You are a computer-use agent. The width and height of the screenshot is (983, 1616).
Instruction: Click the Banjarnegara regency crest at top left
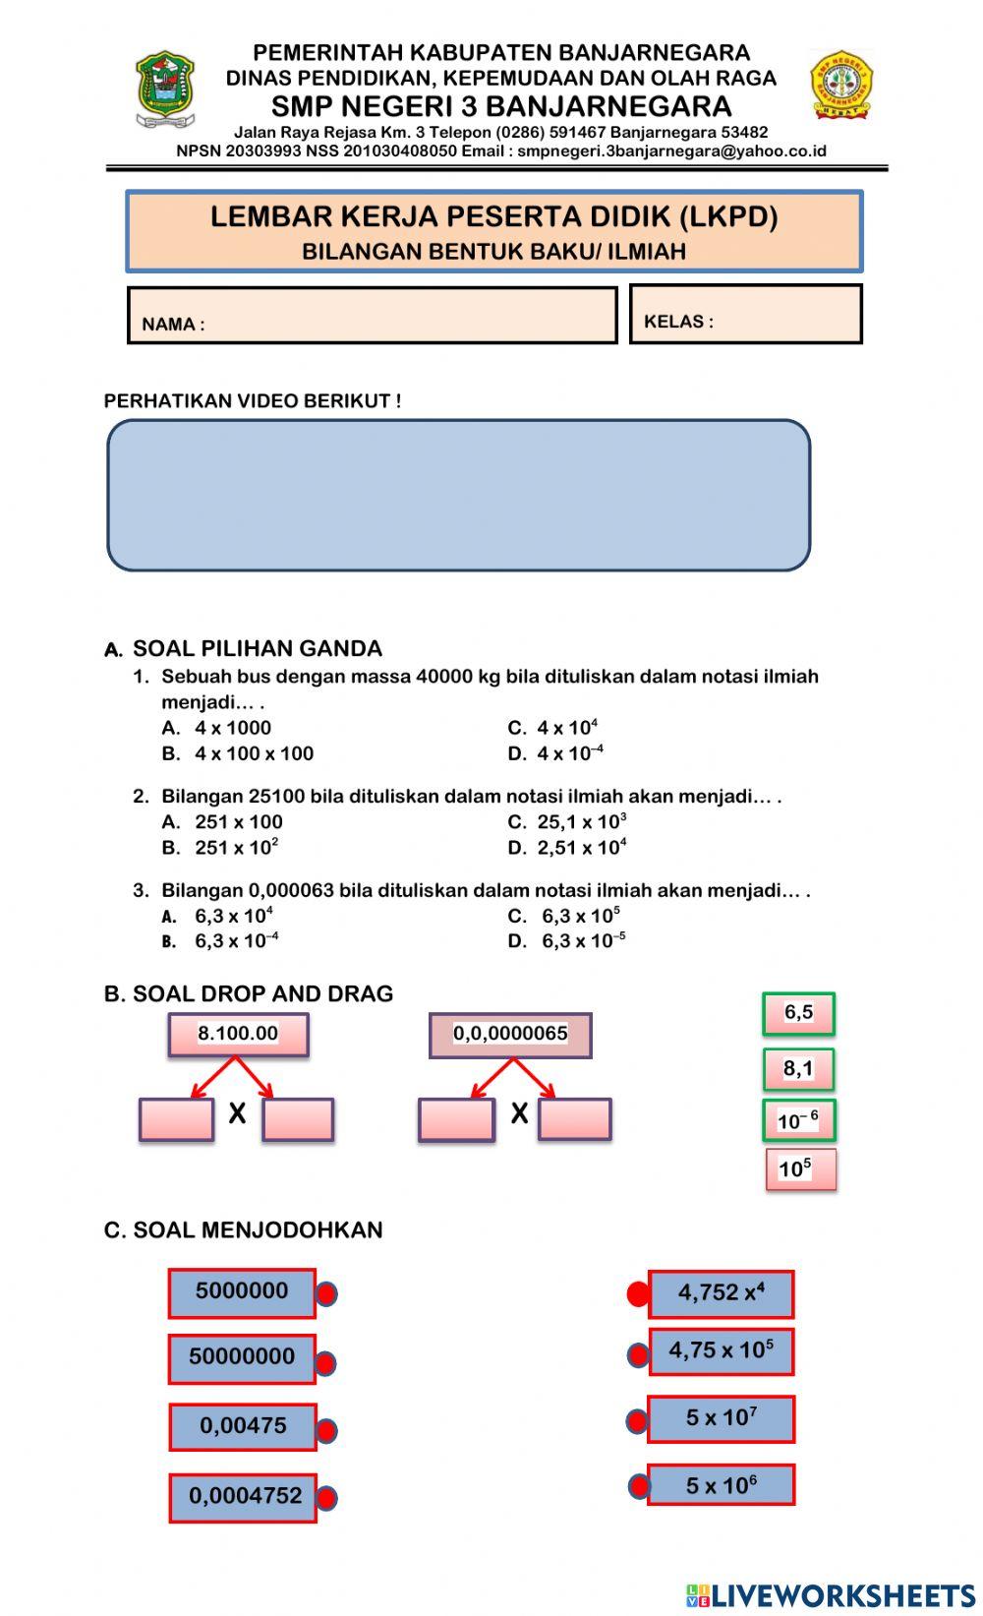point(164,90)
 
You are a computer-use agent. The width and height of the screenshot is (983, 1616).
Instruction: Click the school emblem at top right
point(840,85)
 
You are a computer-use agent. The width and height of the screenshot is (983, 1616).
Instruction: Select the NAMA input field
point(373,315)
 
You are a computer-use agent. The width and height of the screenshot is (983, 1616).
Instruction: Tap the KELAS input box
point(745,315)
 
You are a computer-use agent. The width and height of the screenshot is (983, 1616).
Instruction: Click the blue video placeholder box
point(458,495)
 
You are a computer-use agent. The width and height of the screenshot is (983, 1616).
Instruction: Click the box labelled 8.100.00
point(238,1034)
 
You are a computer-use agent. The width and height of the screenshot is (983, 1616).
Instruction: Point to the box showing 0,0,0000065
point(510,1035)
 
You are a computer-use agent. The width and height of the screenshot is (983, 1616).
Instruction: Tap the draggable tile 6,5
point(798,1013)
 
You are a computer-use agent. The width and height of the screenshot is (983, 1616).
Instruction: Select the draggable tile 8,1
point(798,1069)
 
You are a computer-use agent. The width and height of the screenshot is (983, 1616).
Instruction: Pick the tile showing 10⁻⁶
point(798,1120)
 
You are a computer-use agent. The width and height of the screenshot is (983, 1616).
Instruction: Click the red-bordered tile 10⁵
point(800,1169)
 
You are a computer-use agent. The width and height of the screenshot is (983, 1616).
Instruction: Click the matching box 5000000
point(242,1292)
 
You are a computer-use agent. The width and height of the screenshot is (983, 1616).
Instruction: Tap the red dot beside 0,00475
point(326,1430)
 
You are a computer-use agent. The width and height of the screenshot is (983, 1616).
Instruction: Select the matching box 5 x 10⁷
point(721,1418)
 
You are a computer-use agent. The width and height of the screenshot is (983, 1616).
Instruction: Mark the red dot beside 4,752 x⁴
point(638,1294)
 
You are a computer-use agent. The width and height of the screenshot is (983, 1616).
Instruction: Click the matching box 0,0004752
point(243,1497)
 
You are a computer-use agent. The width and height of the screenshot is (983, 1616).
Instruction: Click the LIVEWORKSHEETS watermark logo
point(831,1594)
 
